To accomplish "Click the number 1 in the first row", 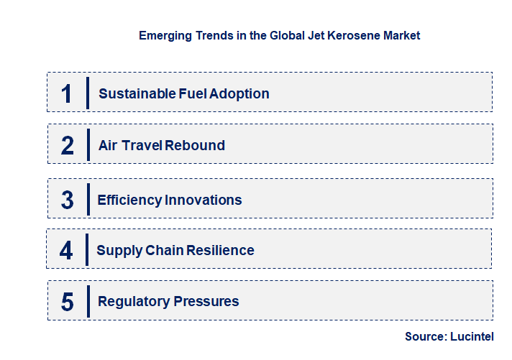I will coord(67,93).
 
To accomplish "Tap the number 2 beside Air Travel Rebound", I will coord(68,145).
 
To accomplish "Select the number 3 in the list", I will coord(68,200).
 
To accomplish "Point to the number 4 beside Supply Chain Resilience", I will coord(67,251).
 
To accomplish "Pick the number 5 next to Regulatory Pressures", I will coord(68,302).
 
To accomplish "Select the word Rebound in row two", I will coord(195,145).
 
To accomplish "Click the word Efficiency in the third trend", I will coord(129,200).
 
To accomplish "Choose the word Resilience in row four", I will coord(220,250).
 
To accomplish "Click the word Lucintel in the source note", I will coord(473,336).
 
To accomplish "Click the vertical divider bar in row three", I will coord(87,199).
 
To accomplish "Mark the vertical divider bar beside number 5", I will coord(88,300).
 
